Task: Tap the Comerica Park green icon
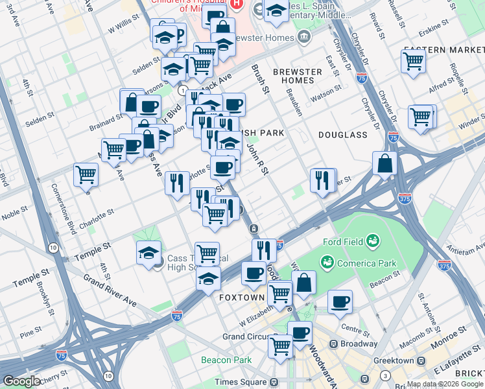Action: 326,261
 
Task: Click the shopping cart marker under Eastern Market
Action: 413,62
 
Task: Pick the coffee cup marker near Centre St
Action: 340,301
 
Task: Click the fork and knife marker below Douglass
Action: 322,180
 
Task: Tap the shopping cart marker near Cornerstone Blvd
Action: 86,174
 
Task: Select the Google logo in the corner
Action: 21,381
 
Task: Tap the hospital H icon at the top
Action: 237,4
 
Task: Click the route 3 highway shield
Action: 385,375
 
